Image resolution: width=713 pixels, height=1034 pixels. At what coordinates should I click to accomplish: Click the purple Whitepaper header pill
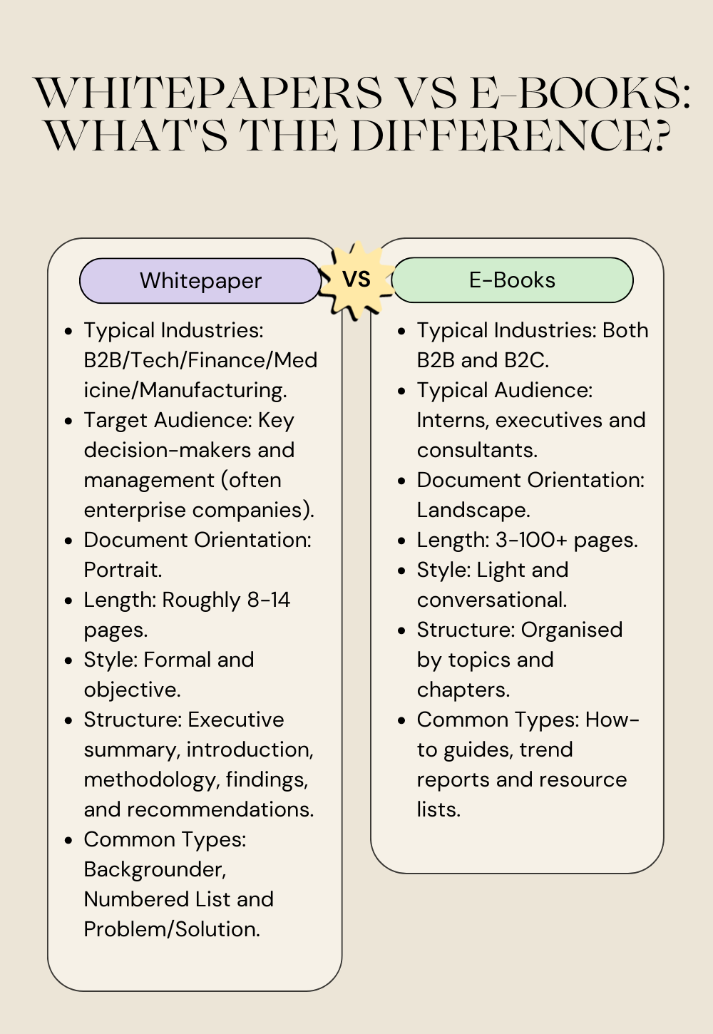click(x=200, y=281)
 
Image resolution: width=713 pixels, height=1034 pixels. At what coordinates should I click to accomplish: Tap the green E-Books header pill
click(x=512, y=280)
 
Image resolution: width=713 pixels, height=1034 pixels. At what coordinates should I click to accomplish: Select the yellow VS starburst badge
click(x=356, y=279)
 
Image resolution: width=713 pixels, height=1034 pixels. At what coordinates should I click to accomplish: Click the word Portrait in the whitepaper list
click(x=121, y=570)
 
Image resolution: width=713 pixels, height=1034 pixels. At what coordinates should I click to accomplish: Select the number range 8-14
click(x=269, y=600)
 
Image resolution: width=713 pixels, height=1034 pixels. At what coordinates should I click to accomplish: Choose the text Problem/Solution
click(x=171, y=929)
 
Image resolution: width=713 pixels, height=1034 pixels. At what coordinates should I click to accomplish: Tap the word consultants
click(x=476, y=450)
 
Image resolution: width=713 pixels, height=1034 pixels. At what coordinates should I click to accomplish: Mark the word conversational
click(x=491, y=600)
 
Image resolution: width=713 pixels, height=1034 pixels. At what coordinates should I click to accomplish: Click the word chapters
click(x=463, y=690)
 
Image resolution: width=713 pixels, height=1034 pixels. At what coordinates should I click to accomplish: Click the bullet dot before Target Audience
click(x=68, y=421)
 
